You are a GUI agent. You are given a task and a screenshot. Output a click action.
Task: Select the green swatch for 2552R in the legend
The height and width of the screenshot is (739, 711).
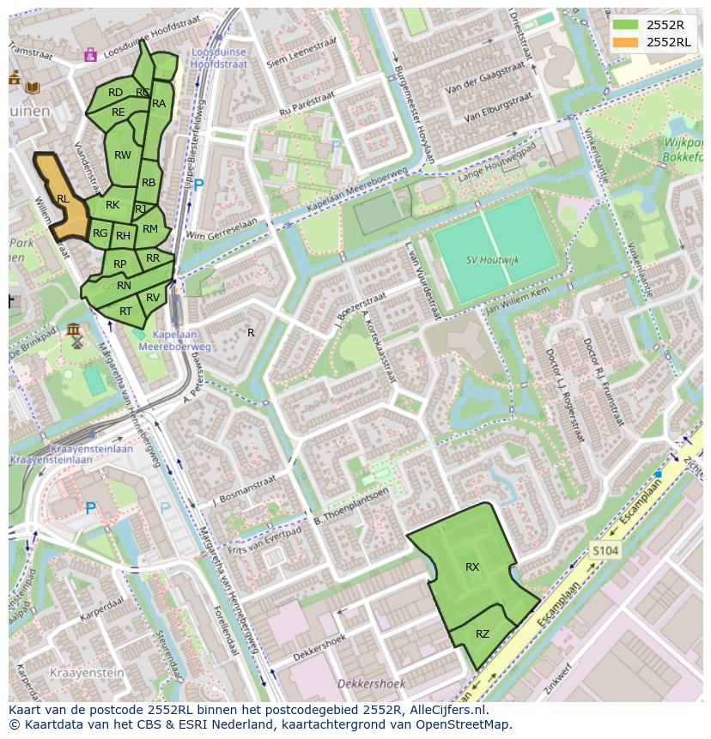[x=626, y=25]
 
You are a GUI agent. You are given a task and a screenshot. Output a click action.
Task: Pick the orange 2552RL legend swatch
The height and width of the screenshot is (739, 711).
[x=626, y=41]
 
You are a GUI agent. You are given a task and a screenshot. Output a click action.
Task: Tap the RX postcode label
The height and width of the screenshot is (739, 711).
[x=472, y=567]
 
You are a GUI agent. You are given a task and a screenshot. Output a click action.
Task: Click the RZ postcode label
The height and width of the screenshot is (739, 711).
[x=483, y=634]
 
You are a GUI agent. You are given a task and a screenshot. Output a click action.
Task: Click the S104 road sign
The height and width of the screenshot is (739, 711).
[x=605, y=550]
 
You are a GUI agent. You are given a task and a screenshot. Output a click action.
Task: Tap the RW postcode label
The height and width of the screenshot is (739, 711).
[x=123, y=155]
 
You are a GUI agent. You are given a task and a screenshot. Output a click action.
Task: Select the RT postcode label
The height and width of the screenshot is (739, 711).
[x=126, y=312]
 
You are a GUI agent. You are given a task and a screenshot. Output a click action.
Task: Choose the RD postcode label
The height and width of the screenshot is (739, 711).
[x=115, y=93]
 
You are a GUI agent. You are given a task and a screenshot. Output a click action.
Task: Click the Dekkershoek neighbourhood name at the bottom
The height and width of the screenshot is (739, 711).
[x=366, y=684]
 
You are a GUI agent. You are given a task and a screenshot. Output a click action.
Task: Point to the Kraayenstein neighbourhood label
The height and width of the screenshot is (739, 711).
[x=86, y=672]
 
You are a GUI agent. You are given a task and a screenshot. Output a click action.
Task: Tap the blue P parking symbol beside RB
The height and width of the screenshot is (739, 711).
[x=199, y=185]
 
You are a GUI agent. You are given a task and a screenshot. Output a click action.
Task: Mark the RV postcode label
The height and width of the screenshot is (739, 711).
[x=153, y=298]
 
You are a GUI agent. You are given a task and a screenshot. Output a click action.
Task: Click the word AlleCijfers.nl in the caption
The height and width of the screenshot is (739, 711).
[x=449, y=710]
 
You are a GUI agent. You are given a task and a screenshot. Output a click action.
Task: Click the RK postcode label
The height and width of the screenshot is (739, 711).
[x=112, y=205]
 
